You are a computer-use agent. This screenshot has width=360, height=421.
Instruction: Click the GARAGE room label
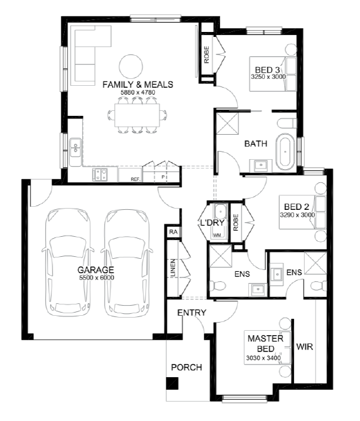click(96, 269)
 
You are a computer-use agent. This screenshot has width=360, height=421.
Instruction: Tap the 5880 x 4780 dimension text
click(137, 92)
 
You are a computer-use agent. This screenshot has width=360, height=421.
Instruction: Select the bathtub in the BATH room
click(285, 152)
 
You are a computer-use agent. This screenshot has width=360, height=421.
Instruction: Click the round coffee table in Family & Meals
click(131, 66)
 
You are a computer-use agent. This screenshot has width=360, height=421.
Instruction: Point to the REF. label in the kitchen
click(135, 179)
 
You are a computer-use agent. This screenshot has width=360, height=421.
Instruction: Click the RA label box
click(173, 231)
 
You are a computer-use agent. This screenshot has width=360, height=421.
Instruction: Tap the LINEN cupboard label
click(173, 268)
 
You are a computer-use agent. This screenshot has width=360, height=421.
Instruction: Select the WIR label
click(305, 346)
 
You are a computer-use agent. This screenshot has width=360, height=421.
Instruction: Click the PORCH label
click(187, 367)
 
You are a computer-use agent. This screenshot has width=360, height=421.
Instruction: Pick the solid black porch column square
click(172, 383)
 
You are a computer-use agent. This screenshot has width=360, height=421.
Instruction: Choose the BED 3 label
click(267, 70)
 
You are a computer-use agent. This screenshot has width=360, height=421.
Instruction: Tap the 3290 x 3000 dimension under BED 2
click(297, 215)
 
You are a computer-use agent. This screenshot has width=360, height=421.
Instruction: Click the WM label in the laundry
click(217, 235)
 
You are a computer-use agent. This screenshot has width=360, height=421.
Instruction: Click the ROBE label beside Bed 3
click(206, 55)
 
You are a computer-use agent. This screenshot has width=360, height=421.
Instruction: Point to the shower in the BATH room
click(227, 123)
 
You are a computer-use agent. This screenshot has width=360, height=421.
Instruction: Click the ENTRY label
click(192, 313)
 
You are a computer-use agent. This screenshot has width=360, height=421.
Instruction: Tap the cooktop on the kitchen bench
click(100, 175)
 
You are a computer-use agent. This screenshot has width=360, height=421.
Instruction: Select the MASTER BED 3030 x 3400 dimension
click(263, 358)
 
